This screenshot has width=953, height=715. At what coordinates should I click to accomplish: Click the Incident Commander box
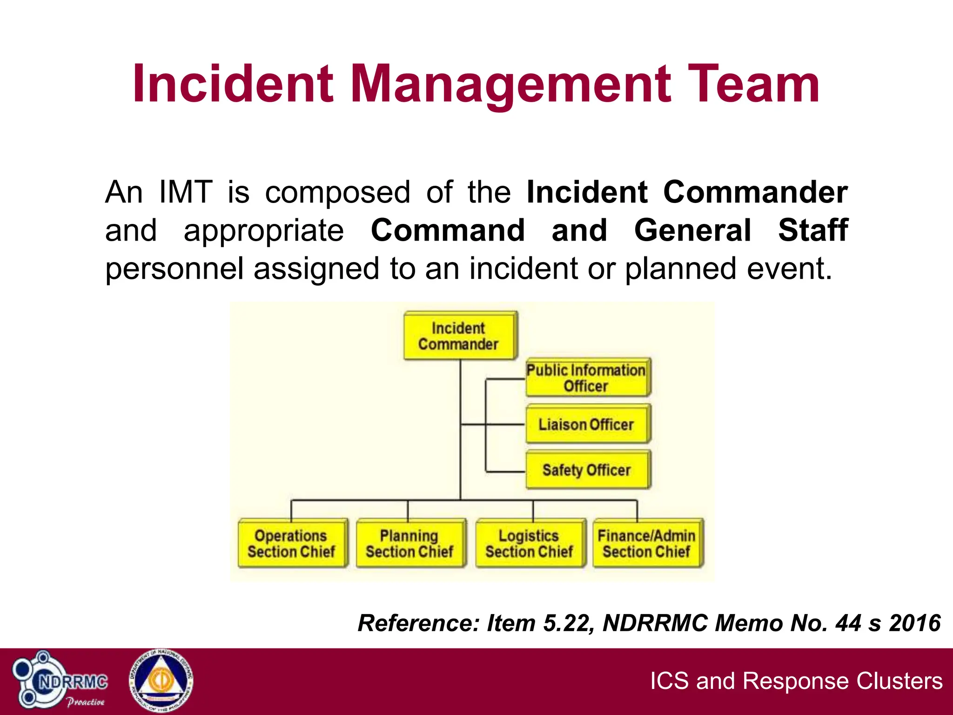460,336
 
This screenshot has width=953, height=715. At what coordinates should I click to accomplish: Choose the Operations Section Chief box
292,543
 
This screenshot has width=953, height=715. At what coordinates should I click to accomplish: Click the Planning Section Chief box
410,543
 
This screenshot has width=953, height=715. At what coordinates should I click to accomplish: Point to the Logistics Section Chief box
530,543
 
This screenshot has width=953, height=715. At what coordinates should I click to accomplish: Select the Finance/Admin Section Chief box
647,543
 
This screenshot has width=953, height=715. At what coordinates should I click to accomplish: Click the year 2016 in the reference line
914,623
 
